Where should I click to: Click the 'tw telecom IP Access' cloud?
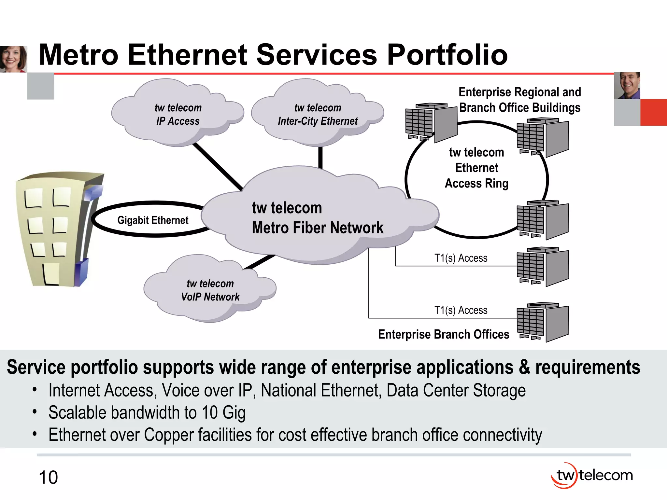click(178, 114)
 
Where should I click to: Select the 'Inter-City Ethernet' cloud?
click(318, 114)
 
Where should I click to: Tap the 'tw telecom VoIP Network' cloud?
click(210, 290)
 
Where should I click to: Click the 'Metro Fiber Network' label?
click(318, 228)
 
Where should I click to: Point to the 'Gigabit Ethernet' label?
click(153, 220)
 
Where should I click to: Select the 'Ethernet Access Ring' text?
click(476, 168)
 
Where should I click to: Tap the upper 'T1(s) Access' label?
click(461, 258)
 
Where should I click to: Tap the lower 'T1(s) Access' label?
click(461, 310)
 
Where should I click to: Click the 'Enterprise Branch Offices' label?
click(444, 335)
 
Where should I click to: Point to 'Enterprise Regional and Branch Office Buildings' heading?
click(520, 100)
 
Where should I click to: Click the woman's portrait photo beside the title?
click(13, 59)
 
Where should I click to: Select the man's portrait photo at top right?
click(627, 86)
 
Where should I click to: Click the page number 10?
click(48, 478)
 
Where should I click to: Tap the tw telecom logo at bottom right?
click(592, 476)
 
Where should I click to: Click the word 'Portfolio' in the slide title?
click(447, 55)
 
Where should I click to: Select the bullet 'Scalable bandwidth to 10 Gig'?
click(147, 413)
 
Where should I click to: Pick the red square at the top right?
click(653, 112)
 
